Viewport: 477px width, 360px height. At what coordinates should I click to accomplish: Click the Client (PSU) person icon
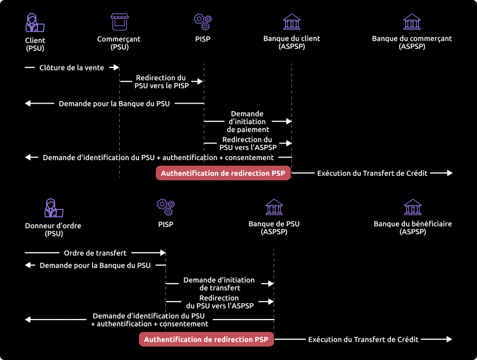[x=35, y=22]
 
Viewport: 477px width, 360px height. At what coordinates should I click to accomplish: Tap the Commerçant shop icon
[x=119, y=22]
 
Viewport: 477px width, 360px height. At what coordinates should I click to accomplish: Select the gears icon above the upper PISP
[x=202, y=22]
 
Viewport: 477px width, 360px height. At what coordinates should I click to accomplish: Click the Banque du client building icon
[x=291, y=22]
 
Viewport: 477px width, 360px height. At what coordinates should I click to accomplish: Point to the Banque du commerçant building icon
[x=412, y=22]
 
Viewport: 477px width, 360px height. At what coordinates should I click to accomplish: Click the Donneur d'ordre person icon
[x=53, y=207]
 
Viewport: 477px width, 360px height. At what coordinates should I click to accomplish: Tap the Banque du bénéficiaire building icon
[x=413, y=207]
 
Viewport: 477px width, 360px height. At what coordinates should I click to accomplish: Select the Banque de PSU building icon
[x=274, y=207]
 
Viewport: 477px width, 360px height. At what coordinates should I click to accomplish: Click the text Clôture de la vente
[x=72, y=67]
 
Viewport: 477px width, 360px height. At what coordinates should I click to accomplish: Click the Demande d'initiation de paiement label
[x=248, y=121]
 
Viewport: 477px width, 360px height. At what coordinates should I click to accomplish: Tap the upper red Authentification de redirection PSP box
[x=223, y=173]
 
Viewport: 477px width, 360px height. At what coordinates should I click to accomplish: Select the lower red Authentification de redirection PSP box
[x=206, y=339]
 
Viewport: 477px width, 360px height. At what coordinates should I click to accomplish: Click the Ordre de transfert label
[x=95, y=253]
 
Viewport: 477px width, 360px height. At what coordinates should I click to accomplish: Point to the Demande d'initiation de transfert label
[x=219, y=284]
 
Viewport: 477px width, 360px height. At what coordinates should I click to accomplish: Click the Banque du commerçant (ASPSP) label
[x=412, y=42]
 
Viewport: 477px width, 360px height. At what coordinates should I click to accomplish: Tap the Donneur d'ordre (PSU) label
[x=53, y=229]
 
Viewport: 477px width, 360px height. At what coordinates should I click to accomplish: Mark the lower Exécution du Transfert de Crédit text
[x=363, y=339]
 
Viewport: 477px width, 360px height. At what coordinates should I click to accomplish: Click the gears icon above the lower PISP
[x=165, y=207]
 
